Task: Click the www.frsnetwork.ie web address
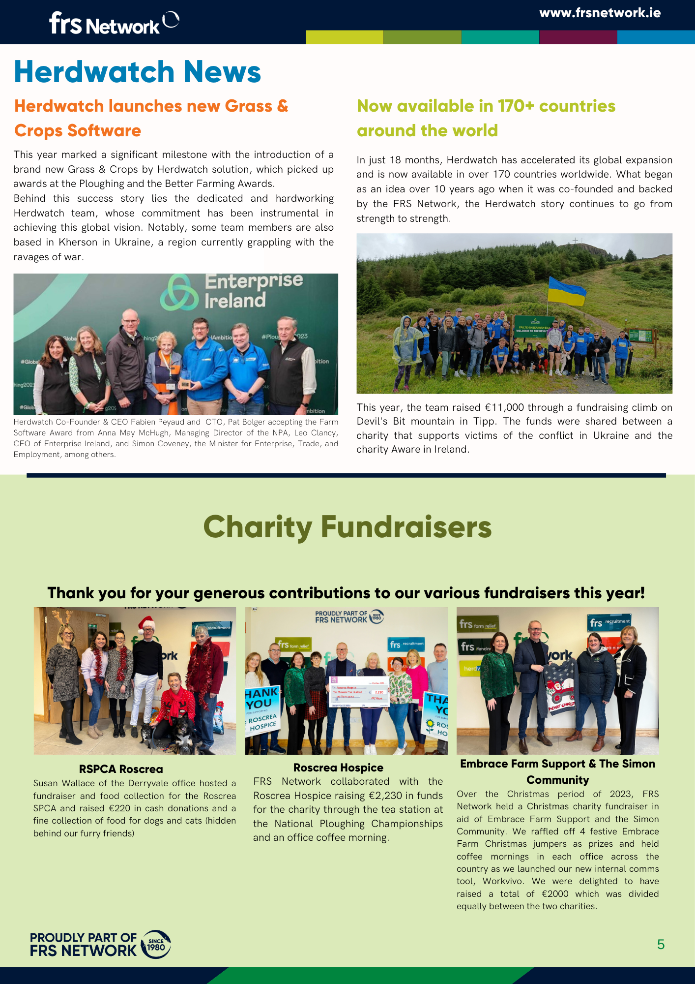click(x=600, y=13)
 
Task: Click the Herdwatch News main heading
click(x=137, y=72)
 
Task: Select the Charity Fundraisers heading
click(x=347, y=527)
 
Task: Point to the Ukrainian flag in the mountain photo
click(x=566, y=291)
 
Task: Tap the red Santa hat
click(x=146, y=624)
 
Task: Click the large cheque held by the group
click(x=359, y=691)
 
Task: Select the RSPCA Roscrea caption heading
click(x=121, y=769)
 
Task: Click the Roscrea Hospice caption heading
click(x=338, y=768)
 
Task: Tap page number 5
click(x=661, y=944)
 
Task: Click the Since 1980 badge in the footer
click(x=156, y=944)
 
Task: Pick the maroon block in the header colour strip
click(x=578, y=37)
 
